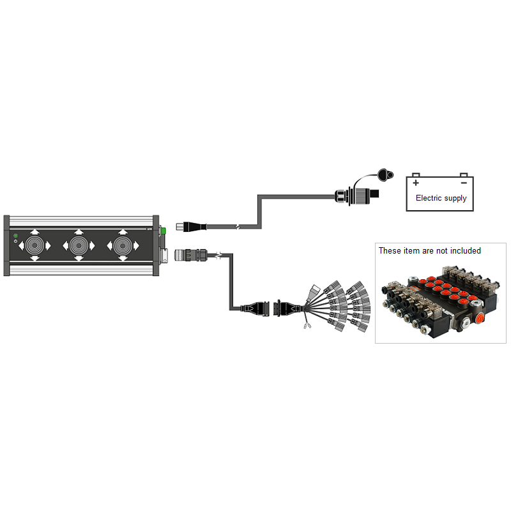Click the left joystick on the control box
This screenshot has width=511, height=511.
36,245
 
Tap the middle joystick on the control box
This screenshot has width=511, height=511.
79,245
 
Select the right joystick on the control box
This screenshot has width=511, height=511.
121,245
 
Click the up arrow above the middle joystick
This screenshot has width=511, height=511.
79,232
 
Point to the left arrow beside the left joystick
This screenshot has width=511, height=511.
22,245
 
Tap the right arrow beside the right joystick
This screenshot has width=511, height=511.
136,245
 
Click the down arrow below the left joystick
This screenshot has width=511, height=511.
36,258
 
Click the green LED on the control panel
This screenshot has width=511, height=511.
15,236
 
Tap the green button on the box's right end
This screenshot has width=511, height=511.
163,230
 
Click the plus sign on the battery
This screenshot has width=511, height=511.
416,181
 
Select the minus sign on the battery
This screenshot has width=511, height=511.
464,181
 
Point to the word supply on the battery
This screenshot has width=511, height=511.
456,199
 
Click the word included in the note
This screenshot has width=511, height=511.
464,250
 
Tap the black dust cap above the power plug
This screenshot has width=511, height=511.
385,174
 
